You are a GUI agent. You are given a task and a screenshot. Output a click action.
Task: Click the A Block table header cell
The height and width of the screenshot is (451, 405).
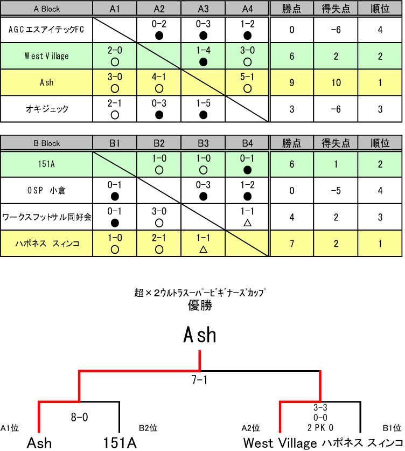click(x=46, y=8)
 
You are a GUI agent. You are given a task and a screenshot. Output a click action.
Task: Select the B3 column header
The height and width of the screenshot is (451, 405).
click(x=203, y=143)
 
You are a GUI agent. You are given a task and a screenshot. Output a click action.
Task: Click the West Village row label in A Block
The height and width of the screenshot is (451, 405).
click(x=46, y=55)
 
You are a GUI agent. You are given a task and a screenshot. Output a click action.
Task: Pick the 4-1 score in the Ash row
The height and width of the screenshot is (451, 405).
click(x=159, y=78)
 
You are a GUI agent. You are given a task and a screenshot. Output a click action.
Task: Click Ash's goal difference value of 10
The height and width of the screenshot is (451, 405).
click(x=336, y=82)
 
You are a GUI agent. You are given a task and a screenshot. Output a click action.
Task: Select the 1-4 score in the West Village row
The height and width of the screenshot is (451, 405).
click(x=203, y=51)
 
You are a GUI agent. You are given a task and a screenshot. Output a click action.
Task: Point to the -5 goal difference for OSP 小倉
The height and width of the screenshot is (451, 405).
click(x=336, y=190)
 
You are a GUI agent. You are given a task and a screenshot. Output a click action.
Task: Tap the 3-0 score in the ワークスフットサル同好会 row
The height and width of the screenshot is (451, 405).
click(x=159, y=212)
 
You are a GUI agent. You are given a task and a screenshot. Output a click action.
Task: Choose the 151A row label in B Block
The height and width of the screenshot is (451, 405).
click(x=46, y=163)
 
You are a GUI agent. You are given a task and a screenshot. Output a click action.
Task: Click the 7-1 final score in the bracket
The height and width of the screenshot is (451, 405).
click(x=200, y=380)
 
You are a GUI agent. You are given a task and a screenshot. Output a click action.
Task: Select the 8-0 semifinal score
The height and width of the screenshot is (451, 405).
click(x=79, y=417)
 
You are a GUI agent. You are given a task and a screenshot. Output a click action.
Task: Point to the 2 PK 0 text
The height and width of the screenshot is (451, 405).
click(x=320, y=427)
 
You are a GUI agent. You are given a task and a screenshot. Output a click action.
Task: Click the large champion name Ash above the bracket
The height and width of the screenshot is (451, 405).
click(x=200, y=335)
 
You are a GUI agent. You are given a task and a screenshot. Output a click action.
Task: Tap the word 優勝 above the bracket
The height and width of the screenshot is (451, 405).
click(x=200, y=306)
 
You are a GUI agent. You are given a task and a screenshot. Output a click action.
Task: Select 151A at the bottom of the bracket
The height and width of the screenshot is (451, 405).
click(x=120, y=443)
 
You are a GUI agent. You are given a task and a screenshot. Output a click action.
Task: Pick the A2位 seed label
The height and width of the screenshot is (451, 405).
click(x=251, y=428)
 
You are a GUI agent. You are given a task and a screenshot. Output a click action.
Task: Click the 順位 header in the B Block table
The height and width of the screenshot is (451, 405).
click(x=380, y=143)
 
